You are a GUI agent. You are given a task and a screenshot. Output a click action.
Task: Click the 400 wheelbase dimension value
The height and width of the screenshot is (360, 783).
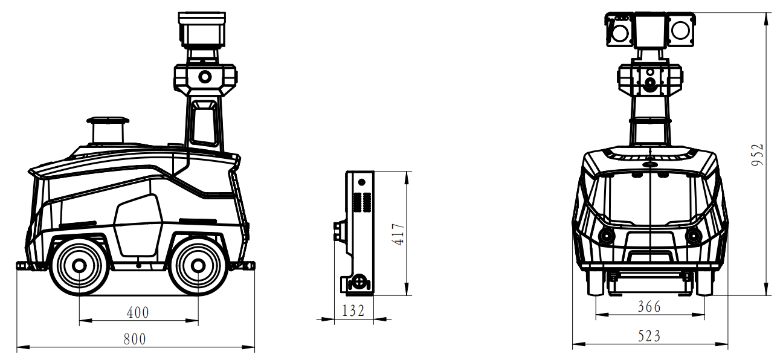pyautogui.click(x=138, y=312)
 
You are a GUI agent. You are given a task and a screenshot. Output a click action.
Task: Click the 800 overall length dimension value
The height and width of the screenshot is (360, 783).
pyautogui.click(x=135, y=339)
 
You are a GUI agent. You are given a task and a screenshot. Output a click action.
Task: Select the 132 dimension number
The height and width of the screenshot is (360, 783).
pyautogui.click(x=353, y=310)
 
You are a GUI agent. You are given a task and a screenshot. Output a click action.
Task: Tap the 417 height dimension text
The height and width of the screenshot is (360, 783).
pyautogui.click(x=399, y=234)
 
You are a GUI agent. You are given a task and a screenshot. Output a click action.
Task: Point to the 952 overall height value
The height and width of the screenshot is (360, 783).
pyautogui.click(x=758, y=155)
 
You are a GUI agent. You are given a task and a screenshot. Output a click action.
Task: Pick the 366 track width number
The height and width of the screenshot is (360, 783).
pyautogui.click(x=649, y=307)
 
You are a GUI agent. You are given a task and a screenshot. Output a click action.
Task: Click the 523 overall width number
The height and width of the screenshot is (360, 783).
pyautogui.click(x=649, y=336)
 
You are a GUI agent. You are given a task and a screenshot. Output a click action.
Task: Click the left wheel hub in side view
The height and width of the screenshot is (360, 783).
pyautogui.click(x=79, y=266)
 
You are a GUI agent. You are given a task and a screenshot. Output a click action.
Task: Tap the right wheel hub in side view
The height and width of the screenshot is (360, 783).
pyautogui.click(x=198, y=266)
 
